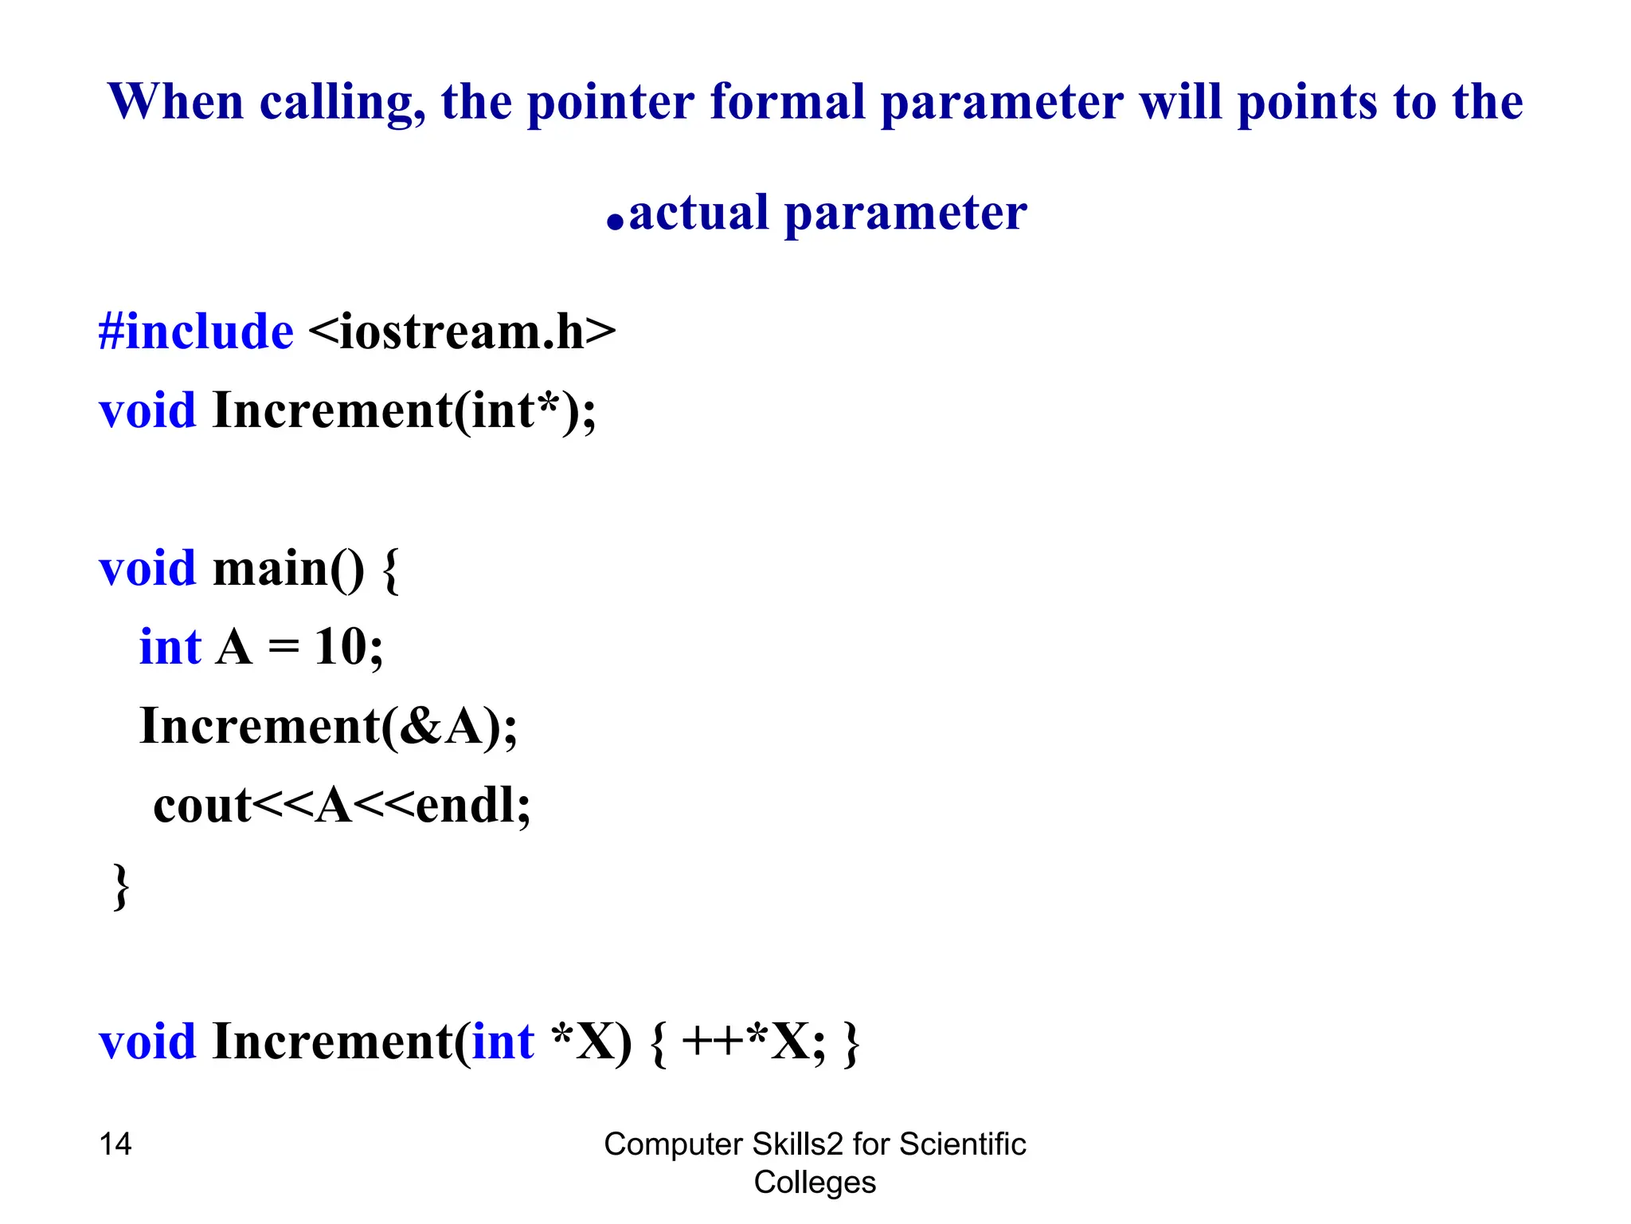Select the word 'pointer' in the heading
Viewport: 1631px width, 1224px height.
click(611, 104)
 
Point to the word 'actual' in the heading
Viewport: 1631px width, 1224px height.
click(698, 213)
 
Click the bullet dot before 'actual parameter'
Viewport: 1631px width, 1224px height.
click(614, 222)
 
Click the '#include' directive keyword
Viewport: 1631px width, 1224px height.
click(196, 331)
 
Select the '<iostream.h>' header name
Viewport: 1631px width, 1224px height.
click(461, 331)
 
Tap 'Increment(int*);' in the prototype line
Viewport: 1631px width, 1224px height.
click(404, 411)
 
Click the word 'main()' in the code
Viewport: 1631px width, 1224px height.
click(288, 569)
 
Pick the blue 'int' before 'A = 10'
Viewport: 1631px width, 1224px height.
click(170, 646)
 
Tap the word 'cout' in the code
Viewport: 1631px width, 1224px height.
click(202, 806)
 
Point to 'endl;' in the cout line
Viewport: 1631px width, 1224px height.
click(473, 806)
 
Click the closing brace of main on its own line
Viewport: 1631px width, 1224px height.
click(120, 885)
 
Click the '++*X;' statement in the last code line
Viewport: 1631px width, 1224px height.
click(753, 1042)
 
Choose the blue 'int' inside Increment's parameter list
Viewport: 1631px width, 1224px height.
click(503, 1042)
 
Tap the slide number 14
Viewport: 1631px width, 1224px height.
click(115, 1144)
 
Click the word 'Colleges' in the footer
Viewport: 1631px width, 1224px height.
click(815, 1183)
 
